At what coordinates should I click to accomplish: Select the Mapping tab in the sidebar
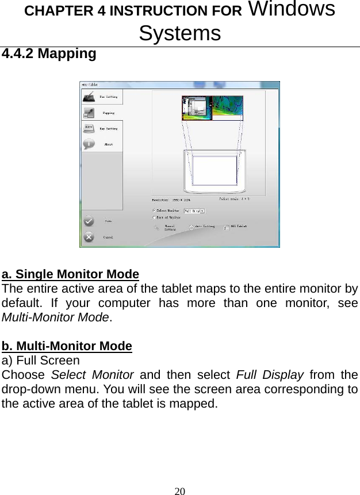tap(102, 113)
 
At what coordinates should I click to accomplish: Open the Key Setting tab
tap(102, 129)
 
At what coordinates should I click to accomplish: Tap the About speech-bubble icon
tap(89, 144)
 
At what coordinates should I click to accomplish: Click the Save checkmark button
tap(89, 220)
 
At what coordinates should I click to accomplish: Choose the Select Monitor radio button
tap(154, 210)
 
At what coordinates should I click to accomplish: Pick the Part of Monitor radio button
tap(154, 218)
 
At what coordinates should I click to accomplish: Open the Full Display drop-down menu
tap(194, 210)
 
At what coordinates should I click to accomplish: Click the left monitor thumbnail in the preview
tap(197, 109)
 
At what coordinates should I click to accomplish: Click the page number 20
tap(180, 490)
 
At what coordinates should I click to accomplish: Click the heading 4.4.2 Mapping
tap(49, 54)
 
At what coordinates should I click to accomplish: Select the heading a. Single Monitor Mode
tap(70, 273)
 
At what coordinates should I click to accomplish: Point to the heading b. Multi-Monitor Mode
tap(67, 346)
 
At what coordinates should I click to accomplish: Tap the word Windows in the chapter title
tap(293, 10)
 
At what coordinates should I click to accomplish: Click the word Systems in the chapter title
tap(179, 33)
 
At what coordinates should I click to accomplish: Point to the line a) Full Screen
tap(41, 361)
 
